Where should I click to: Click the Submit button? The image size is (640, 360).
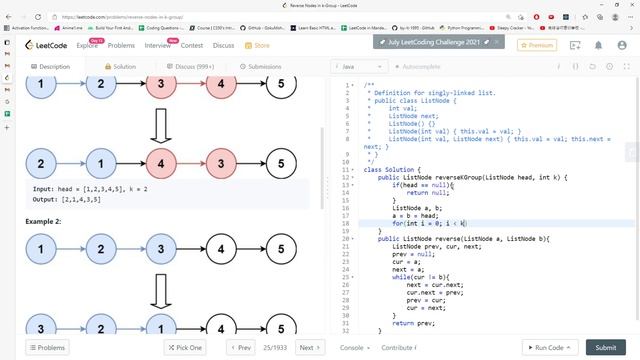(605, 347)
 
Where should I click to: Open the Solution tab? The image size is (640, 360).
(120, 66)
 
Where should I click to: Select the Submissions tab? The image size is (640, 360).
(260, 66)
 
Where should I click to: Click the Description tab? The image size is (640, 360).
(50, 66)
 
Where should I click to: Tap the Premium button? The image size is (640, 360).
(537, 45)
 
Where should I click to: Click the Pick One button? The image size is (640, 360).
(185, 347)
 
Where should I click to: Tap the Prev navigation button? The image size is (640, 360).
(241, 347)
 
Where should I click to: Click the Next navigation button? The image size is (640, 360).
(309, 347)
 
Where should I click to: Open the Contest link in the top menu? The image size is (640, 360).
(192, 45)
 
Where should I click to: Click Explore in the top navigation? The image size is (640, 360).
(88, 45)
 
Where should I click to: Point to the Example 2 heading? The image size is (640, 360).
(44, 220)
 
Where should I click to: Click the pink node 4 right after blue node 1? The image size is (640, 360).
(160, 162)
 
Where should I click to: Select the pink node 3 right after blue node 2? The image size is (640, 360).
(160, 85)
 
